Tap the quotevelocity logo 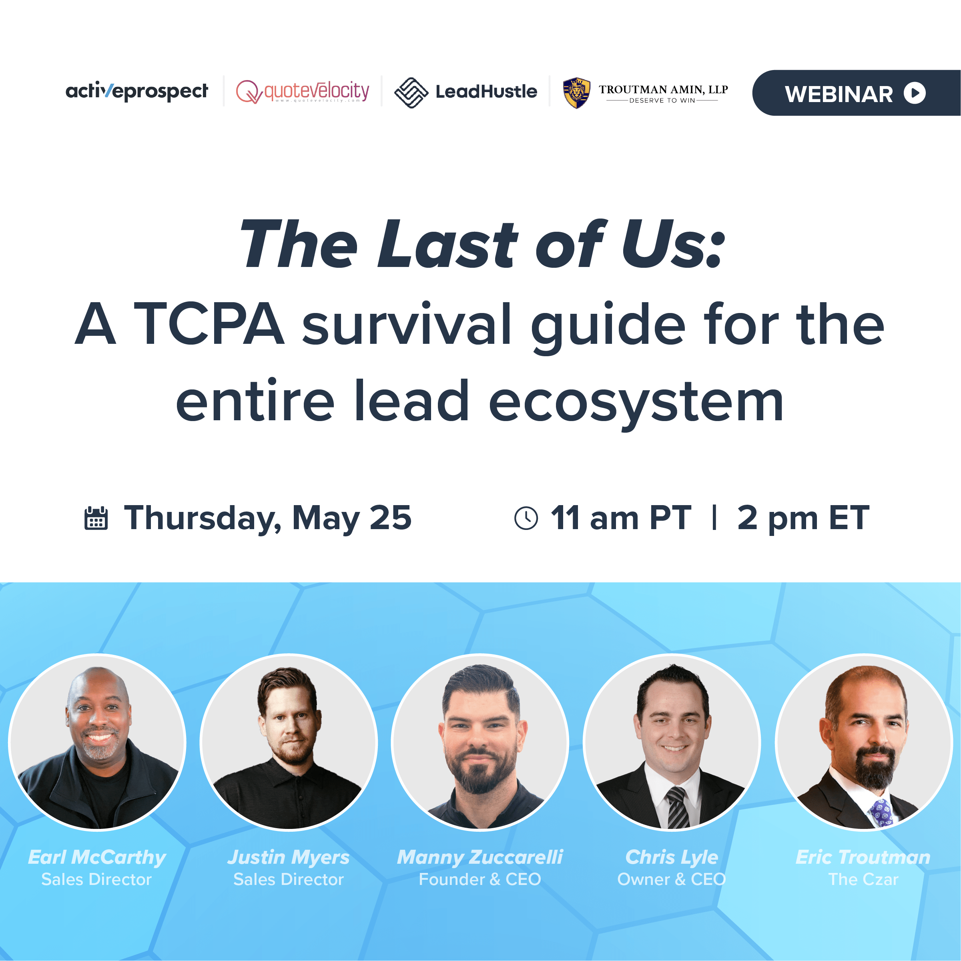(x=303, y=92)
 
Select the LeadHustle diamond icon (x=411, y=92)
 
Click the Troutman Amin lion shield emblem (x=576, y=92)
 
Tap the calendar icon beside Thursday (x=96, y=518)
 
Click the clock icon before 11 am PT (x=526, y=518)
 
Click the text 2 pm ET (x=803, y=518)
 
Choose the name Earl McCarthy (x=97, y=857)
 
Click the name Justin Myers (x=289, y=857)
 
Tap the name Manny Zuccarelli (x=480, y=857)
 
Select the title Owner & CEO (x=672, y=879)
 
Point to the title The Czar (x=863, y=879)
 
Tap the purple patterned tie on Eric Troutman (x=881, y=812)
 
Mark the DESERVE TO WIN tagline (x=662, y=100)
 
